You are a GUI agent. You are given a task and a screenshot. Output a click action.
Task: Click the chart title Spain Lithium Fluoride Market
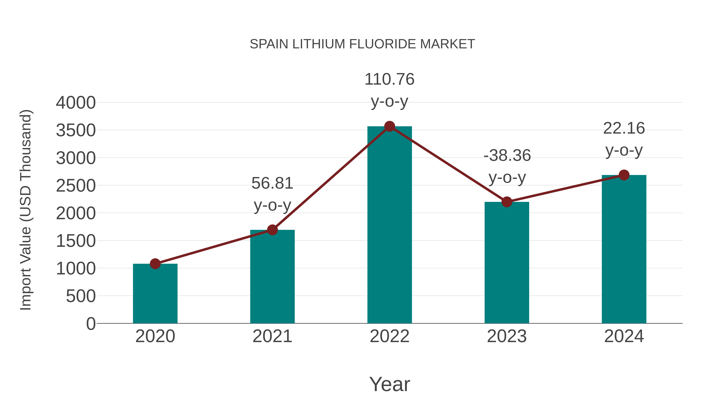pos(362,44)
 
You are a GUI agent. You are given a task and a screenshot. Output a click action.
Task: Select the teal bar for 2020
pos(155,294)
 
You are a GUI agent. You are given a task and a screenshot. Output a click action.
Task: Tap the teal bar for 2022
pos(389,225)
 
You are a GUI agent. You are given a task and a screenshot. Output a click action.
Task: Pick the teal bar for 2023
pos(507,263)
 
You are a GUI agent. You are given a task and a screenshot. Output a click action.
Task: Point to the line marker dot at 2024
pos(624,175)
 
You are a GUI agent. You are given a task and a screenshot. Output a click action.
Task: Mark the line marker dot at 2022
pos(389,126)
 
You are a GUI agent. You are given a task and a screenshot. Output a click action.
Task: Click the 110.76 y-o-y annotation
pos(389,90)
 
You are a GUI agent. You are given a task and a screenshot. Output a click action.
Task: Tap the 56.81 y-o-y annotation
pos(272,194)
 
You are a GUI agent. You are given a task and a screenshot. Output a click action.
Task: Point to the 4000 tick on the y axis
pos(76,103)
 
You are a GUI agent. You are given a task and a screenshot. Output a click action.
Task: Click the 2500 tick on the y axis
pos(76,186)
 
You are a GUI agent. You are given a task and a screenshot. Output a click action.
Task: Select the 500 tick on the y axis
pos(81,296)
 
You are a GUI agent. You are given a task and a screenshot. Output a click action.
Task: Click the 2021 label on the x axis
pos(272,336)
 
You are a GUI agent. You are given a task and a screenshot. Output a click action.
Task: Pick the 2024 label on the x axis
pos(624,336)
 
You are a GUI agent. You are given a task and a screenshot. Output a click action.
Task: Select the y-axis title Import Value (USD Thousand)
pos(26,210)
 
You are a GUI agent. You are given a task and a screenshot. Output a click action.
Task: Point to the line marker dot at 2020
pos(155,264)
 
